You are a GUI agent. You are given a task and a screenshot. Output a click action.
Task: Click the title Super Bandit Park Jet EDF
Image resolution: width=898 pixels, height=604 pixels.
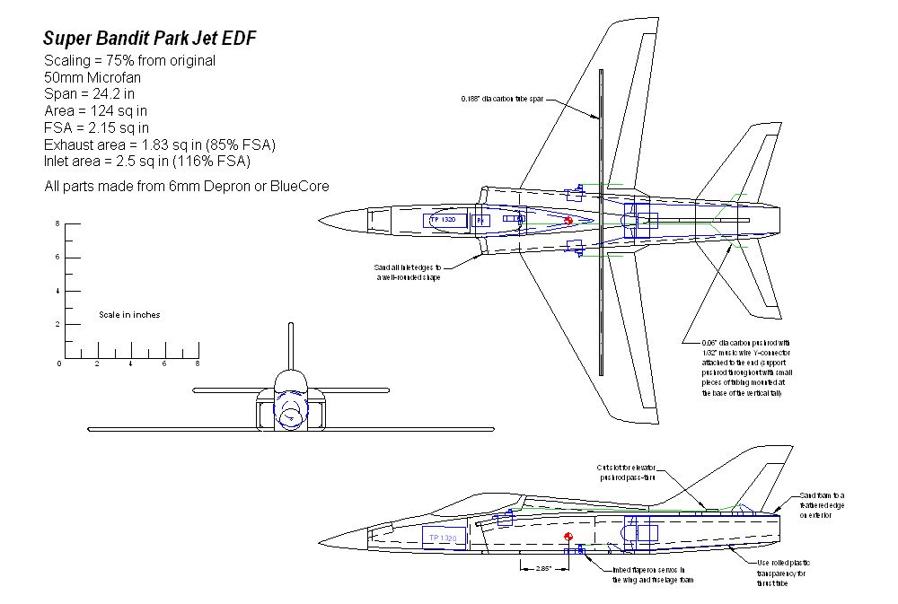point(154,39)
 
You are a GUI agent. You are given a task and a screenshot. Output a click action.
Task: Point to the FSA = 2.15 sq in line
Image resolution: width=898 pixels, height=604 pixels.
point(96,127)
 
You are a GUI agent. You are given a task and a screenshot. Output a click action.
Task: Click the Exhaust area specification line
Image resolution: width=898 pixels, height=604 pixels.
point(159,144)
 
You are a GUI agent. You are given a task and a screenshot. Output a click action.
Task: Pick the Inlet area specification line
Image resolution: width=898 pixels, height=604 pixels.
point(146,161)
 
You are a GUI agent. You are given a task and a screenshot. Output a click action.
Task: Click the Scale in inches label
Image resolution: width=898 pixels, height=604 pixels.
point(129,315)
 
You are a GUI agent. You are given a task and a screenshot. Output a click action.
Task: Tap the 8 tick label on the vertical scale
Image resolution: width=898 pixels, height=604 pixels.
point(58,223)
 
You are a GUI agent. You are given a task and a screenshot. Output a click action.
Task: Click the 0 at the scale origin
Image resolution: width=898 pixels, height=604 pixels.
point(60,363)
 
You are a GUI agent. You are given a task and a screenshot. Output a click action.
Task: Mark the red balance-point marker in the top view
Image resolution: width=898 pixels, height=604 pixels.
point(568,221)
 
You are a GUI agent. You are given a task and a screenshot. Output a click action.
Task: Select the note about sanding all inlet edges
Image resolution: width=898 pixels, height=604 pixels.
point(408,272)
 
